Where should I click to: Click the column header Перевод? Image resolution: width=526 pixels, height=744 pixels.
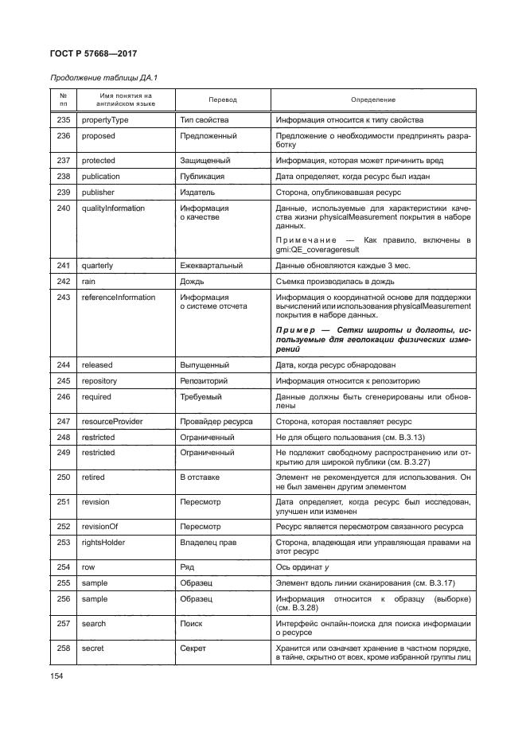point(222,99)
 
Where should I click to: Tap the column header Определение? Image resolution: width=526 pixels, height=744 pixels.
point(372,99)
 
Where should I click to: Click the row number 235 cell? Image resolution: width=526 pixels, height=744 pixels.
point(64,120)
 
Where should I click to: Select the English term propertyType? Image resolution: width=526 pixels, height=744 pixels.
point(105,120)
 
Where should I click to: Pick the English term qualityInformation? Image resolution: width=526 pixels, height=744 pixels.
point(113,208)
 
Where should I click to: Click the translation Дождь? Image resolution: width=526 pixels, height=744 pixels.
point(193,282)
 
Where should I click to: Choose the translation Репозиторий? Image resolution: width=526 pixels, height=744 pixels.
point(206,380)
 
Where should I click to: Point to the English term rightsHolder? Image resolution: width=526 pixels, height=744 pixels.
point(103,542)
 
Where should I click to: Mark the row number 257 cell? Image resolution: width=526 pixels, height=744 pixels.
point(64,624)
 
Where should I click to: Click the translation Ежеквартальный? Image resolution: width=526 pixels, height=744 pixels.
point(212,266)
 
